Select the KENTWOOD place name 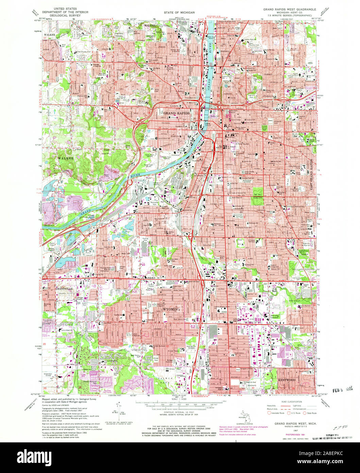(286, 379)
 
